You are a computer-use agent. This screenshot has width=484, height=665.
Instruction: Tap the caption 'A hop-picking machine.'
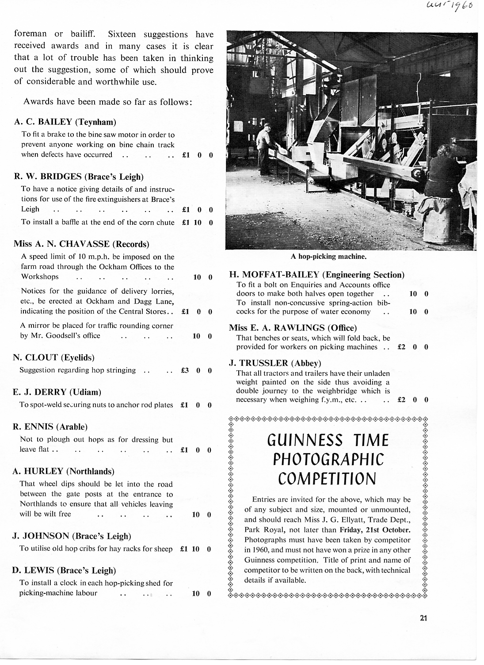[328, 256]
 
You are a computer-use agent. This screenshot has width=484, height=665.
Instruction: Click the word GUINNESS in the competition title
[305, 440]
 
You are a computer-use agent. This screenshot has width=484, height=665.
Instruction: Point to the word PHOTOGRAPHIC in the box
[328, 460]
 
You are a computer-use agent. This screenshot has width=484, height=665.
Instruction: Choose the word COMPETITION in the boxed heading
[327, 479]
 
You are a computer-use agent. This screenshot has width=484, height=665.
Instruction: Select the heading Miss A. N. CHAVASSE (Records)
[81, 244]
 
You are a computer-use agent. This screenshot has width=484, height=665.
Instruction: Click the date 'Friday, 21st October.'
[375, 530]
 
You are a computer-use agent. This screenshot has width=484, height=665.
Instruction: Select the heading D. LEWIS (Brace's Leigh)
[64, 570]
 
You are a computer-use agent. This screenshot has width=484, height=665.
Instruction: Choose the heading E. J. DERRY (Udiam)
[57, 392]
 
